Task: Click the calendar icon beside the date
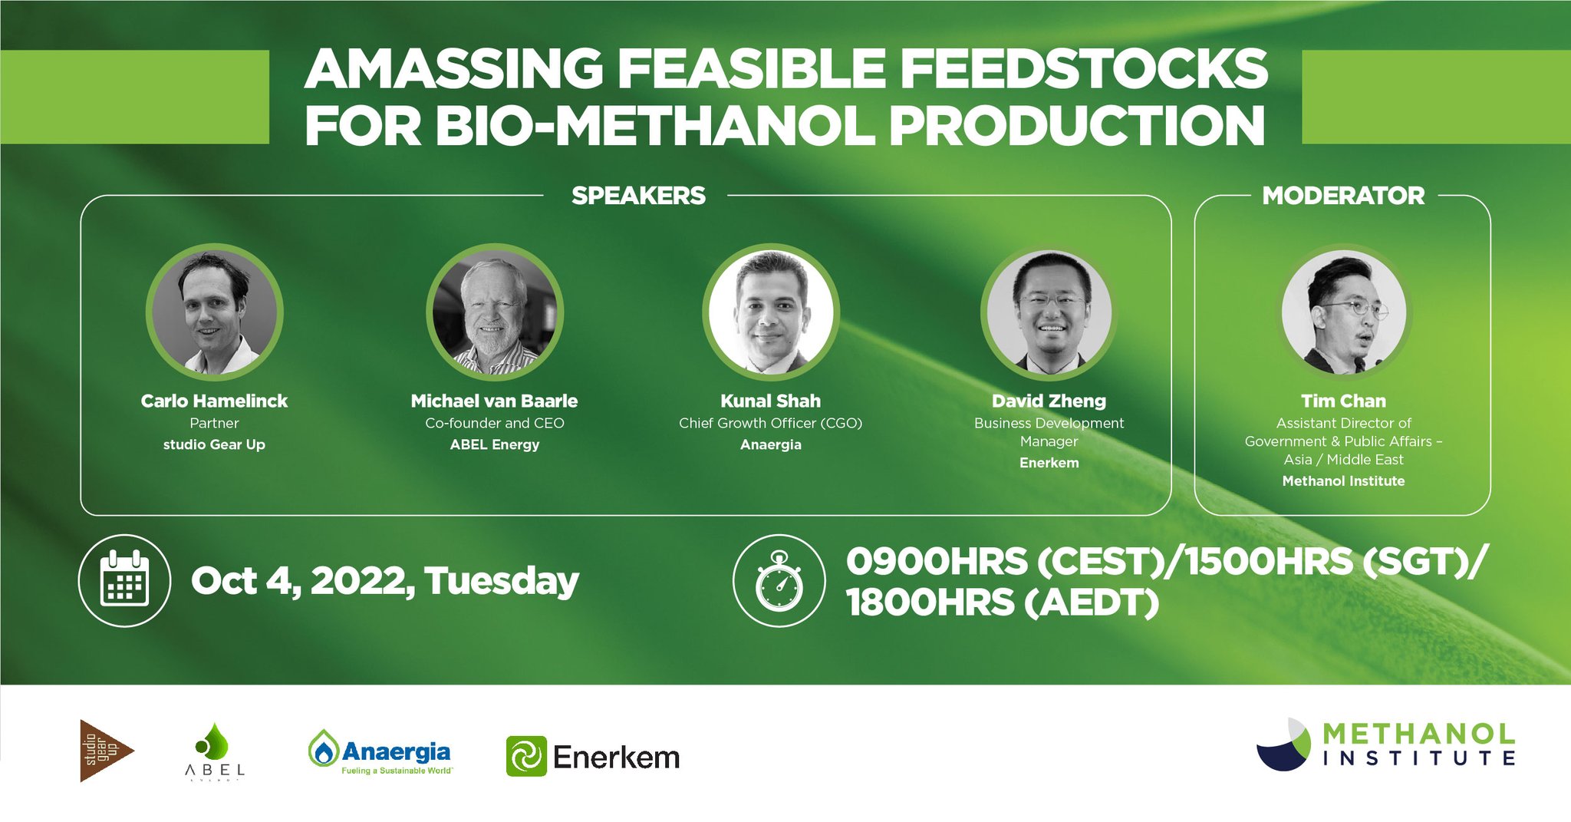tap(124, 580)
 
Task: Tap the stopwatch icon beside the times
tap(779, 581)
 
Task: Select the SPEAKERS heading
tap(638, 196)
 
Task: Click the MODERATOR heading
tap(1343, 196)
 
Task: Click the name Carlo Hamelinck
tap(214, 401)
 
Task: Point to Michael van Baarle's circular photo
tap(495, 312)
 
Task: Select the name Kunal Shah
tap(770, 401)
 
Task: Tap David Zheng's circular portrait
tap(1049, 312)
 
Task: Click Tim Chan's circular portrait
tap(1344, 312)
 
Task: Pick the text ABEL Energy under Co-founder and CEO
tap(495, 444)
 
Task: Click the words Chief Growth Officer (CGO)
tap(770, 423)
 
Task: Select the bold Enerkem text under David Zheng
tap(1049, 463)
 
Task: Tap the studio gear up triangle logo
tap(103, 751)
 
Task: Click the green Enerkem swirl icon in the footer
tap(526, 756)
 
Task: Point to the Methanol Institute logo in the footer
tap(1385, 744)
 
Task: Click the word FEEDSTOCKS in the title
tap(1083, 69)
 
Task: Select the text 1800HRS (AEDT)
tap(1002, 602)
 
